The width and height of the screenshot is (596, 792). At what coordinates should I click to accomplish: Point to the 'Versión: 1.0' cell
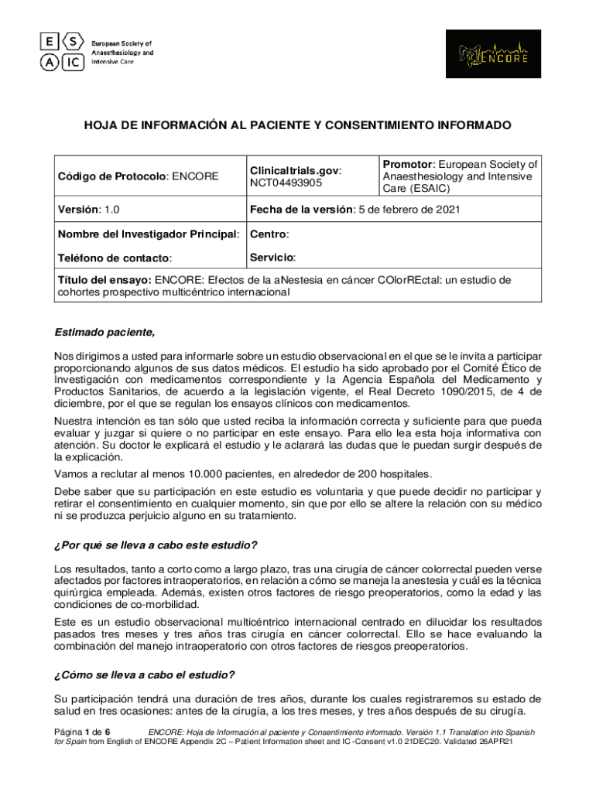[88, 209]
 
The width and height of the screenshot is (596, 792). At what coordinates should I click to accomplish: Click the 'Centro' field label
[269, 234]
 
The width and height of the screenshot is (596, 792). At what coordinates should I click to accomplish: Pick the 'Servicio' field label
[272, 257]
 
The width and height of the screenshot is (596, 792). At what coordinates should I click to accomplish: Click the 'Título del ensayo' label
[104, 279]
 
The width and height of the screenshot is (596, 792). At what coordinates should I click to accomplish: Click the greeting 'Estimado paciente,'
[104, 333]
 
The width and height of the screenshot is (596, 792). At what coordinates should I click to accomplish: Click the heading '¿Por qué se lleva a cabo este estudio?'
[156, 544]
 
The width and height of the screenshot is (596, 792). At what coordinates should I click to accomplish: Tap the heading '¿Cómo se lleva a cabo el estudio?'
[145, 674]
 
